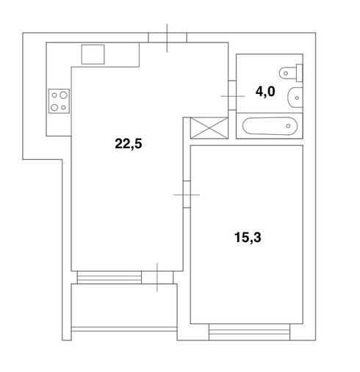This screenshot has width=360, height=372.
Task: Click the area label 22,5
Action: click(x=129, y=144)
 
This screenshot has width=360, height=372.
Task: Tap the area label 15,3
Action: click(x=248, y=237)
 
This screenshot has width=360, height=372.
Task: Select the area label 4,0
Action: click(x=265, y=92)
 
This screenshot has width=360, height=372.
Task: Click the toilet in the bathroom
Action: click(x=291, y=73)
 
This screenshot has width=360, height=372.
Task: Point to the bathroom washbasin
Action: click(x=295, y=98)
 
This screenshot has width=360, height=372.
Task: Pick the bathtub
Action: click(x=270, y=126)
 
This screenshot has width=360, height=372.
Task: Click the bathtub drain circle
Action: click(x=288, y=126)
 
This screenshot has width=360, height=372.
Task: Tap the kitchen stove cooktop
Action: click(x=59, y=101)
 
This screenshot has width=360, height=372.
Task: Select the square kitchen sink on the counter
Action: click(x=93, y=54)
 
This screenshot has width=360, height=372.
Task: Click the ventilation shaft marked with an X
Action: click(x=209, y=128)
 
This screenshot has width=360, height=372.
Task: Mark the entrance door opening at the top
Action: click(x=168, y=37)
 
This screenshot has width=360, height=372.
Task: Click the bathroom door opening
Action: click(x=232, y=95)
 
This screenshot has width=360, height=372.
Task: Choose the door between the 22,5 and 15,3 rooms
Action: click(x=187, y=194)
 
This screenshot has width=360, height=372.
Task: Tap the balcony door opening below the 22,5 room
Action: click(x=157, y=277)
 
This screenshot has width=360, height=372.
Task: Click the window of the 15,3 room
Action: click(x=249, y=332)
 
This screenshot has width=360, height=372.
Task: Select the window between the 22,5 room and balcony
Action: click(x=109, y=277)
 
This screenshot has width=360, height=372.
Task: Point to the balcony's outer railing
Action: click(x=124, y=329)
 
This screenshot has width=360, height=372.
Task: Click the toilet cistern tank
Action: click(x=299, y=73)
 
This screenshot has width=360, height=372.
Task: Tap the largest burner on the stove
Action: click(x=63, y=95)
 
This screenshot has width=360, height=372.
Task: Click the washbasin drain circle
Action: click(x=297, y=98)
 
